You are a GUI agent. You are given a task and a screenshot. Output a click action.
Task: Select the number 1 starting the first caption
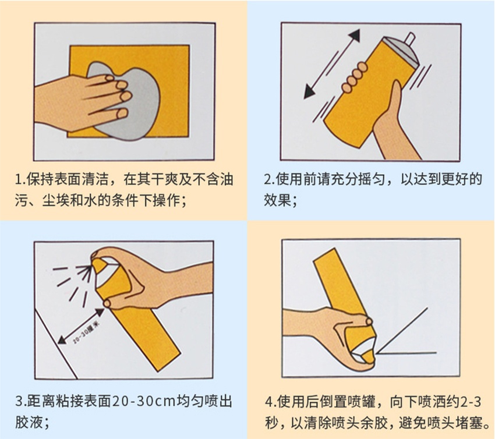(19, 178)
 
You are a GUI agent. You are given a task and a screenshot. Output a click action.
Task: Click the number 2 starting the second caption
(268, 178)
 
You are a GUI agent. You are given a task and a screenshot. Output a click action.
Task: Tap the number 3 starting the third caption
(19, 402)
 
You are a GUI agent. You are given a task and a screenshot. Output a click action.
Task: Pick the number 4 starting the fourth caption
(268, 402)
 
